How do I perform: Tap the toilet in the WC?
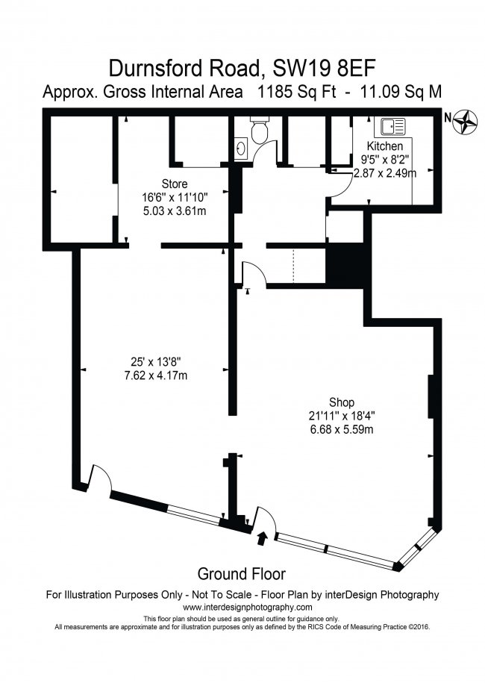click(x=260, y=132)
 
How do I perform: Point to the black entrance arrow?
click(x=262, y=535)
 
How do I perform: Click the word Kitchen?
click(x=385, y=146)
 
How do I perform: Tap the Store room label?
click(x=174, y=184)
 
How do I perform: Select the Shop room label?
click(x=341, y=401)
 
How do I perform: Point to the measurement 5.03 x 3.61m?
click(x=174, y=211)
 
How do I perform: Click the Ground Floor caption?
click(x=242, y=573)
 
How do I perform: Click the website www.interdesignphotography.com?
click(x=242, y=607)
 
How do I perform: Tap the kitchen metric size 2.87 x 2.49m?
click(x=388, y=172)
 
